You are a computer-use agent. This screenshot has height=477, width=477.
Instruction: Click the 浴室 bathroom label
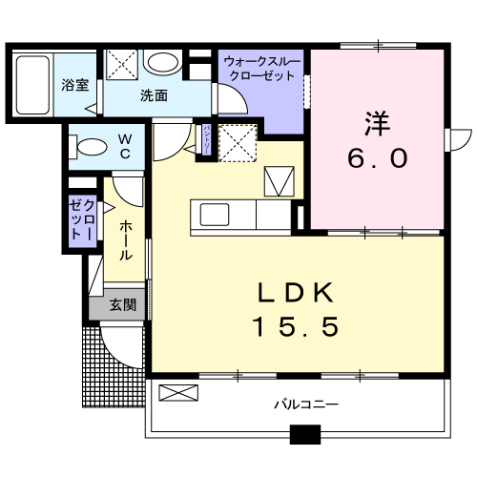(x=76, y=83)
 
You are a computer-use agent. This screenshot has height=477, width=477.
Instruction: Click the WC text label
(x=125, y=148)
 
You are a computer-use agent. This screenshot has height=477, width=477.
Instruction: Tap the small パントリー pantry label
(x=206, y=137)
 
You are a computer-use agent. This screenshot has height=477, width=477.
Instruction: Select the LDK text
(x=296, y=292)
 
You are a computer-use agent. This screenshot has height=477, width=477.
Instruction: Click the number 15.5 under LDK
(x=296, y=327)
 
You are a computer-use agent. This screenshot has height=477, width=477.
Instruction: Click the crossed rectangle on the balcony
(x=178, y=391)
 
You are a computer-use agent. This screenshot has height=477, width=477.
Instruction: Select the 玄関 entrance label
(x=121, y=305)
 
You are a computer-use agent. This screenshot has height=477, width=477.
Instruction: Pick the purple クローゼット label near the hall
(x=81, y=221)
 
